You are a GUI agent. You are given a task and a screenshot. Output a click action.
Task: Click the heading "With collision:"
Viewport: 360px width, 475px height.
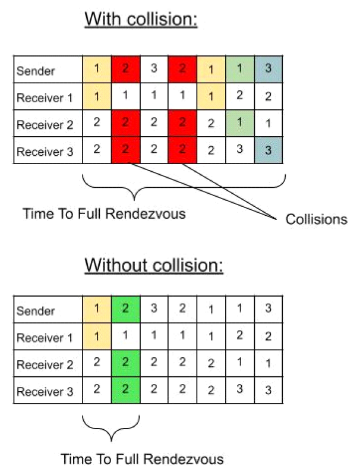click(x=141, y=19)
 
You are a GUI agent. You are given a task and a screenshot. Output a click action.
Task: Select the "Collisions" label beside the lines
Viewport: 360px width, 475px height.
click(x=316, y=219)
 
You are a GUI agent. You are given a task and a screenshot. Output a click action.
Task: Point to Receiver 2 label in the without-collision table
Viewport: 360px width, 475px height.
click(x=45, y=364)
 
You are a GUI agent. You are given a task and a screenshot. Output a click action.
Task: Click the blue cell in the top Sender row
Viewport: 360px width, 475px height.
click(x=269, y=69)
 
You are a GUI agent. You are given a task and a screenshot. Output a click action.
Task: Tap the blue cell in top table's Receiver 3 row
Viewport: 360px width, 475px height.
click(x=269, y=150)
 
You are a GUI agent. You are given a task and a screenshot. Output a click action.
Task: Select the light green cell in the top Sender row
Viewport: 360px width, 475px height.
click(x=240, y=69)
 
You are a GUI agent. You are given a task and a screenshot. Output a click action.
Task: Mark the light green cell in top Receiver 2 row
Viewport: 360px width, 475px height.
click(x=240, y=124)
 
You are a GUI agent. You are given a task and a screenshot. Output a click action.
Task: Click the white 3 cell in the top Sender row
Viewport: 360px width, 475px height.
click(x=154, y=69)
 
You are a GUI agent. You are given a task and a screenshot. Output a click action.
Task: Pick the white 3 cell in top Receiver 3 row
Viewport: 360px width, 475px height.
click(x=240, y=150)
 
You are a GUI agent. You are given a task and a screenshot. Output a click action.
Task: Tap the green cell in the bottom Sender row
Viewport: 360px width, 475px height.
click(x=125, y=310)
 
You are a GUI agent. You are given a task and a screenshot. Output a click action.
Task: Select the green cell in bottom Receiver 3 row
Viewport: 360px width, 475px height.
click(x=125, y=391)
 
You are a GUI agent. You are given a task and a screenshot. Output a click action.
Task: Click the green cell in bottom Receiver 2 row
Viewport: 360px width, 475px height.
click(x=125, y=364)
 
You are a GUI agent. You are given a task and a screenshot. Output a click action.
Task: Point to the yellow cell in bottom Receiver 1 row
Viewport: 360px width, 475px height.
click(x=97, y=337)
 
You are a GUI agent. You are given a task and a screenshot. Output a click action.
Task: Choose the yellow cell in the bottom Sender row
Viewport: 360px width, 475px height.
click(x=97, y=310)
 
